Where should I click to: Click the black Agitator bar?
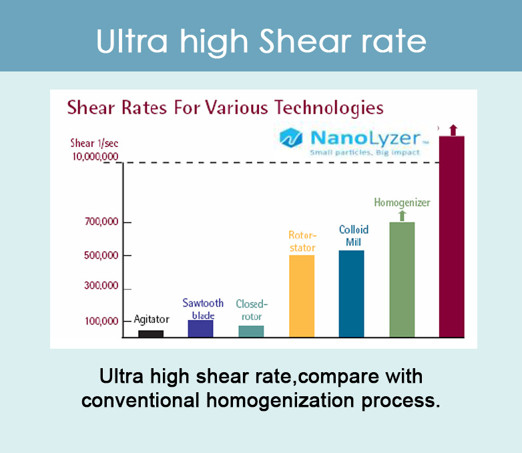(x=151, y=333)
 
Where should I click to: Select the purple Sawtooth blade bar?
(x=200, y=329)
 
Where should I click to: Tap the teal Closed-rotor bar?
(x=251, y=331)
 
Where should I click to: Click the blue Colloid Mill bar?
(x=352, y=293)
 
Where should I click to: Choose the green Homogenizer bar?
(x=402, y=279)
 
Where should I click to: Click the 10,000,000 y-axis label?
(x=95, y=156)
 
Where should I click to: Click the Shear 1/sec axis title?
(x=94, y=143)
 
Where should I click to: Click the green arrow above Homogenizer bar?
(x=402, y=215)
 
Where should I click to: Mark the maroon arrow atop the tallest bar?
(x=453, y=130)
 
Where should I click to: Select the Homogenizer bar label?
(x=402, y=202)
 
